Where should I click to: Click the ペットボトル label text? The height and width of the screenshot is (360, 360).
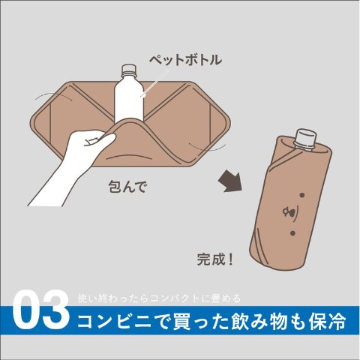[x=184, y=60]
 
